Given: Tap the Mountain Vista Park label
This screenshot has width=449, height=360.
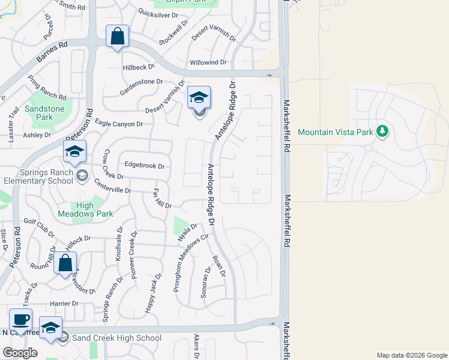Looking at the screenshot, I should [336, 132].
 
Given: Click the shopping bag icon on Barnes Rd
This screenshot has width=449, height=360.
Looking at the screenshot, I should [117, 36].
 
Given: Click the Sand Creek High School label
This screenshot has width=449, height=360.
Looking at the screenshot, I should [116, 338].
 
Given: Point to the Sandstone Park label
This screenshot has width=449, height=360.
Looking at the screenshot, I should [44, 113].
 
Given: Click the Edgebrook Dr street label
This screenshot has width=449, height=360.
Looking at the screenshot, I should [144, 165].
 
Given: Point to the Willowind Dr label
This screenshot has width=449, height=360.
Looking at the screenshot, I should [208, 62].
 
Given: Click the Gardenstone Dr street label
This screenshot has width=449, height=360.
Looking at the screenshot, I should [141, 82].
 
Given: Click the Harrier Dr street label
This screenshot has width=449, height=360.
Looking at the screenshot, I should [65, 304].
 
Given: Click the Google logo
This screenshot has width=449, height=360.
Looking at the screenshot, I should [20, 353].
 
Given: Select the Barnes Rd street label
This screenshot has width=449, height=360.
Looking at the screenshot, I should [52, 52].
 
